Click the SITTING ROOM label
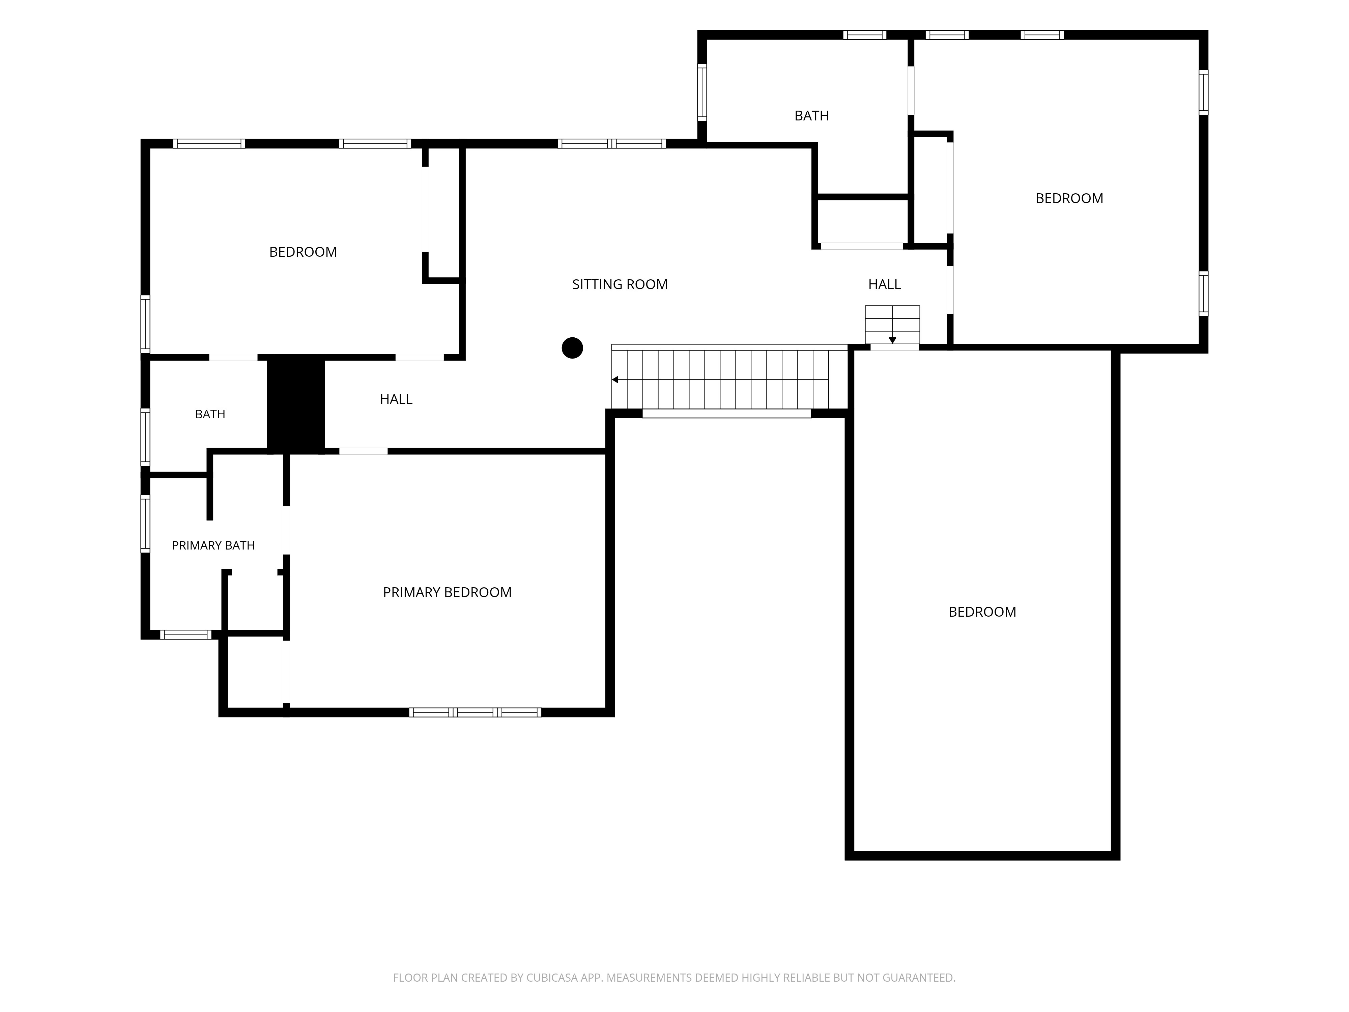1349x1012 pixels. coord(620,284)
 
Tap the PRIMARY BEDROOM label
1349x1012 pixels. coord(447,592)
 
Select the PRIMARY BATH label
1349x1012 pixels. coord(213,545)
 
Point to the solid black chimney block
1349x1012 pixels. coord(296,404)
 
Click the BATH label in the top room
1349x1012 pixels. coord(812,116)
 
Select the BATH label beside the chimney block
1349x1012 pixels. coord(210,414)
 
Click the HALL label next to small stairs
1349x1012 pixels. coord(884,284)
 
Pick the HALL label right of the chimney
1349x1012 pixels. coord(396,399)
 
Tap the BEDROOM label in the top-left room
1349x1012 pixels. coord(303,252)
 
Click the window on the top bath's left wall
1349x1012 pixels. coord(702,92)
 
